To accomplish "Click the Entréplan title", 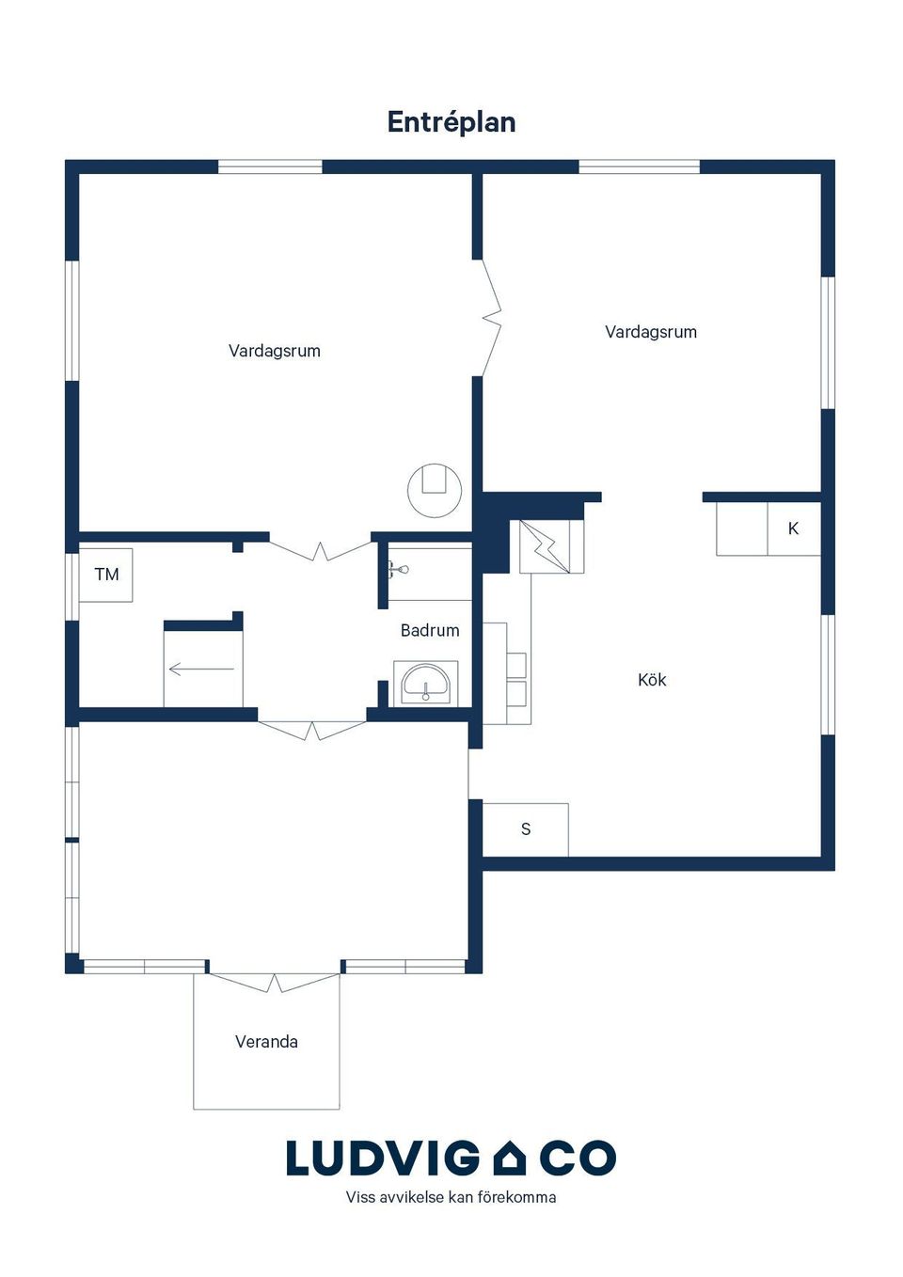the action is (451, 122).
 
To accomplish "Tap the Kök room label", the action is (652, 680).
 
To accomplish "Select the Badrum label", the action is (430, 630).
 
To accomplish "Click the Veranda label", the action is (266, 1042).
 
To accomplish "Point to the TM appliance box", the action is (106, 575).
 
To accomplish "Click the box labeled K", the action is (794, 528).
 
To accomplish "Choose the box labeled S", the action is (526, 828).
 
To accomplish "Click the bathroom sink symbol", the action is (426, 683).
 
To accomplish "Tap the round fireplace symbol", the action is (435, 490).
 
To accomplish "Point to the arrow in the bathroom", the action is (202, 669).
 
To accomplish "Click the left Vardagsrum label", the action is (275, 351).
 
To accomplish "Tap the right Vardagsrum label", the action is (651, 332).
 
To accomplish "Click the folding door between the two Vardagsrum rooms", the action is (491, 318).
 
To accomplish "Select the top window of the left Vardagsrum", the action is (271, 166).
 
